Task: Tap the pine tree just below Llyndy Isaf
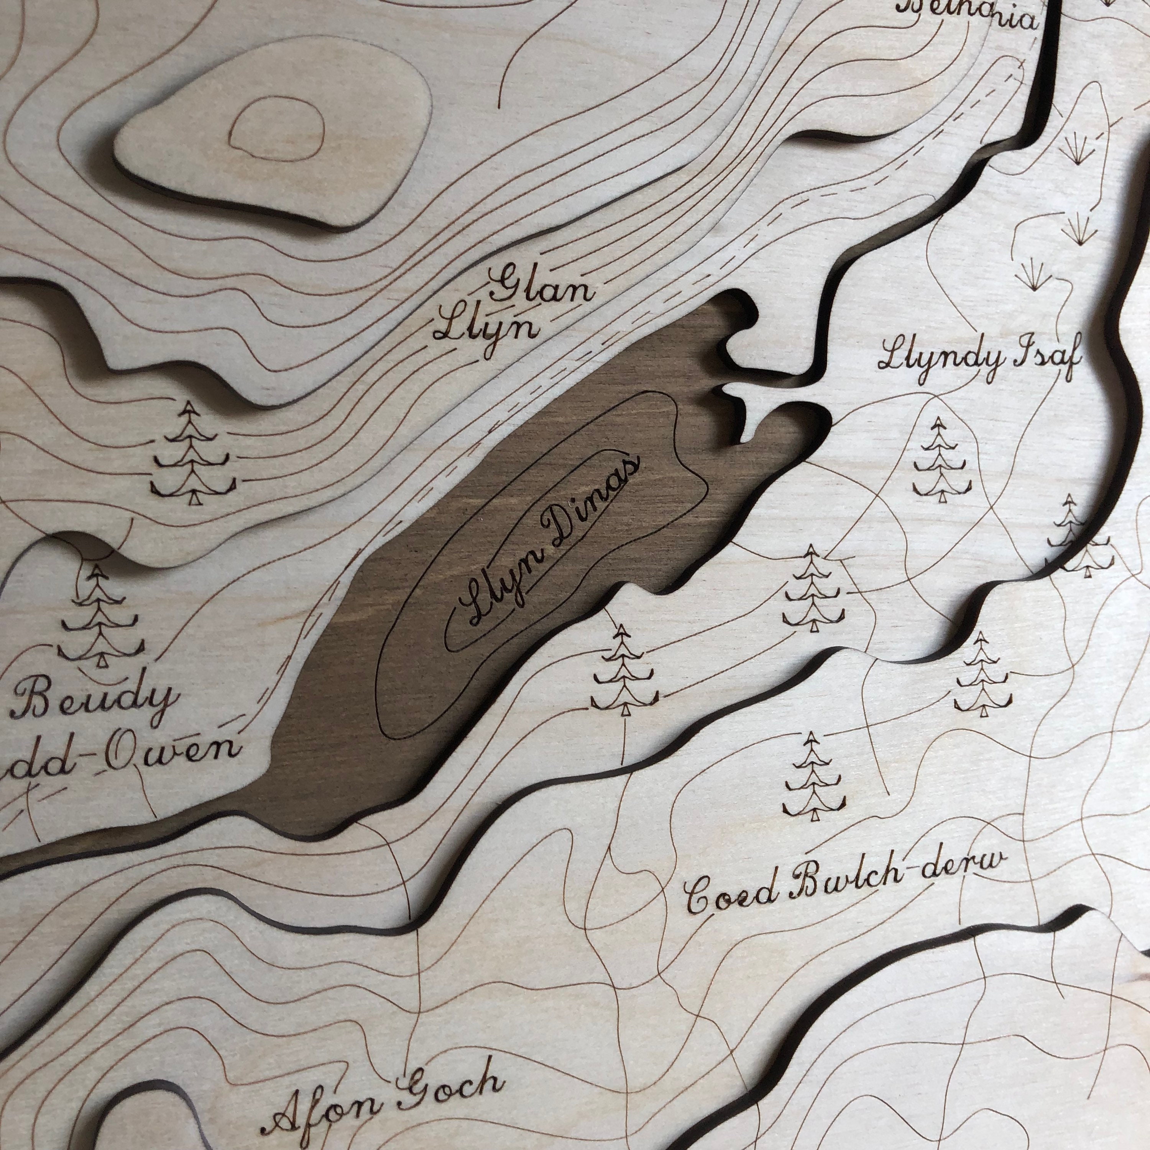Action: pos(940,459)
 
